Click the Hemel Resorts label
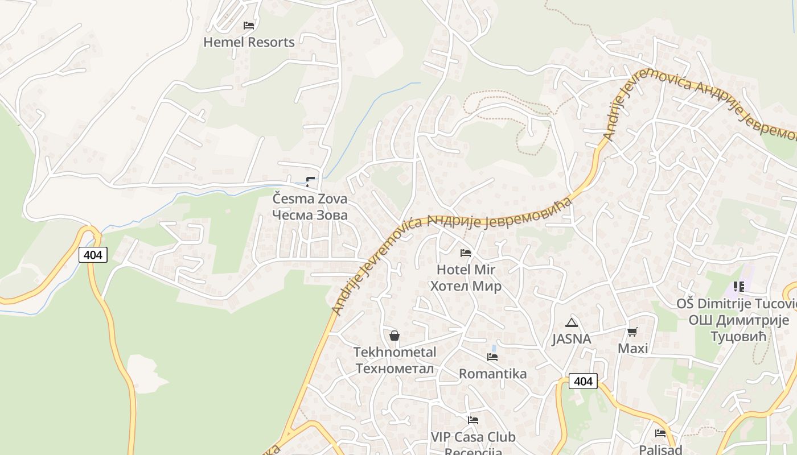(x=249, y=42)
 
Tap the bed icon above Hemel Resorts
(x=249, y=26)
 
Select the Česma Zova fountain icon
(x=310, y=182)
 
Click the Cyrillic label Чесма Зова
(x=310, y=215)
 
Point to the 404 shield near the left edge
(x=93, y=255)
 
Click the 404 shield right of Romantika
(x=583, y=381)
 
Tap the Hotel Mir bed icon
(x=466, y=253)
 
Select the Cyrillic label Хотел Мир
(x=466, y=286)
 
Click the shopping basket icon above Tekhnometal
(x=395, y=336)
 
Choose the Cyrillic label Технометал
(x=395, y=369)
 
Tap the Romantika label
(x=492, y=374)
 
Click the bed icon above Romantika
(x=492, y=357)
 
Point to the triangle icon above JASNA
(x=572, y=323)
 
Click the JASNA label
(x=572, y=339)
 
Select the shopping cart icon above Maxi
(x=632, y=332)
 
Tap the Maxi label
(x=633, y=348)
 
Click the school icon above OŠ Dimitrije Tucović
(x=739, y=287)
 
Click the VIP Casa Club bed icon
(x=473, y=420)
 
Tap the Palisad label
(x=660, y=449)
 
